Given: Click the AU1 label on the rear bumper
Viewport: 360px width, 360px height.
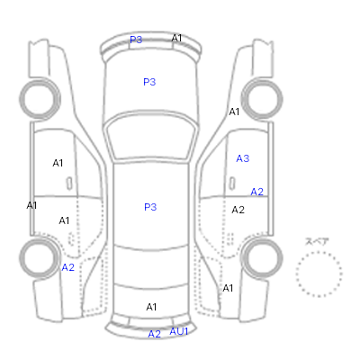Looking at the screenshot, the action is tap(179, 331).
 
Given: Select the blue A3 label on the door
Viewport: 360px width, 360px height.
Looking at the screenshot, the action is tap(243, 158).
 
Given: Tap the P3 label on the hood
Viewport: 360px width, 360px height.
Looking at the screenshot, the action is tap(149, 82).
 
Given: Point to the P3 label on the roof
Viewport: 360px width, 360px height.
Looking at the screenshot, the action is tap(150, 207).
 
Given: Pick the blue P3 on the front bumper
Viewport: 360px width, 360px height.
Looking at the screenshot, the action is tap(136, 40).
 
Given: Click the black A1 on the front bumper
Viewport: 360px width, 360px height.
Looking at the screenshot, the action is tap(176, 38).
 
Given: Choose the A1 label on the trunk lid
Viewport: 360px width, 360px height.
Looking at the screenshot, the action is tap(151, 307).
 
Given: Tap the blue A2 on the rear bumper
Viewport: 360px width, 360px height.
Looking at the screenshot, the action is tap(155, 334).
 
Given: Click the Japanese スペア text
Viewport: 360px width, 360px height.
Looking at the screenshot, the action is tap(317, 241).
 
